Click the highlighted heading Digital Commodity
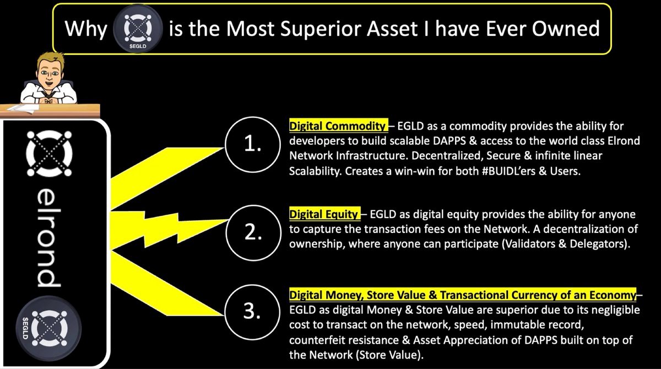pyautogui.click(x=338, y=126)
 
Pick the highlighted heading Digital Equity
pyautogui.click(x=324, y=214)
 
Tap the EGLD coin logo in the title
pyautogui.click(x=138, y=29)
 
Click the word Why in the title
pyautogui.click(x=86, y=29)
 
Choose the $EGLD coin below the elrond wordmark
pyautogui.click(x=48, y=329)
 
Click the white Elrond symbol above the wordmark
pyautogui.click(x=49, y=154)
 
